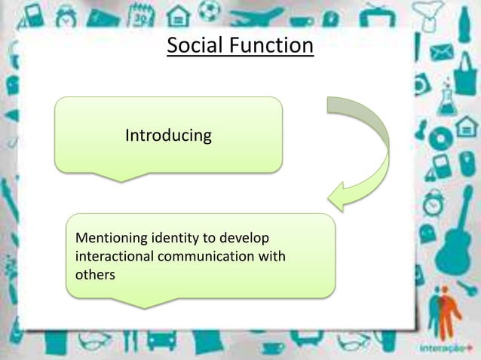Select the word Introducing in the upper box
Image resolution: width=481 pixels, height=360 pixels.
[168, 136]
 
